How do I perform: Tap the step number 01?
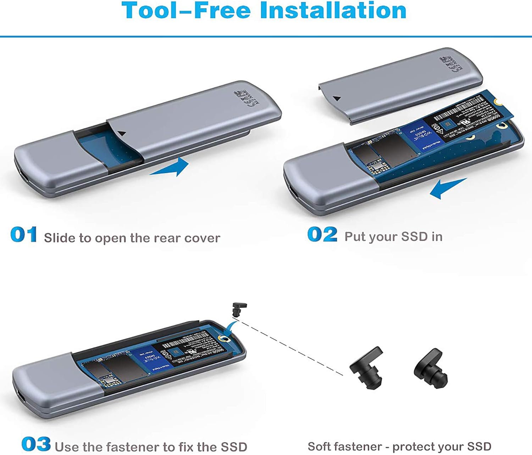(23, 235)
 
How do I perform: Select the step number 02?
(322, 235)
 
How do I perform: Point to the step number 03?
(36, 444)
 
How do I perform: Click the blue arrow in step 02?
(447, 188)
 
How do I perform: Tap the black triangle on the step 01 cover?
(122, 134)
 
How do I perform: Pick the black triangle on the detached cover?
(337, 99)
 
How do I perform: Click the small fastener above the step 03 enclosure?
(239, 309)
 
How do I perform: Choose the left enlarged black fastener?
(367, 369)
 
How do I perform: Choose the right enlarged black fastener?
(430, 369)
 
